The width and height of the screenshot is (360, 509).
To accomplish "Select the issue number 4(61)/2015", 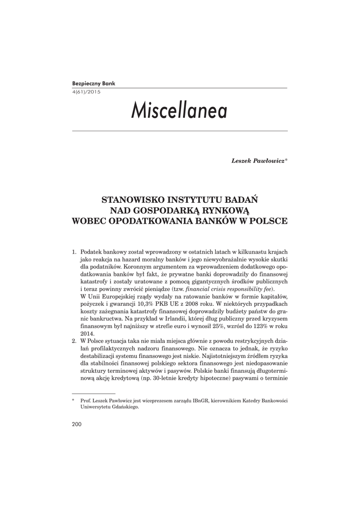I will (x=86, y=92).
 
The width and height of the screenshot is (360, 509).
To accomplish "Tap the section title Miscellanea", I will (x=179, y=111).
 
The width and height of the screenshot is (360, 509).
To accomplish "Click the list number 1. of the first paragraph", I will (x=75, y=253).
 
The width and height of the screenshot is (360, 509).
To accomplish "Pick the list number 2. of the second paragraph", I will (x=75, y=341).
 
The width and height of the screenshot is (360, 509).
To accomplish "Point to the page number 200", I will (x=77, y=424).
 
